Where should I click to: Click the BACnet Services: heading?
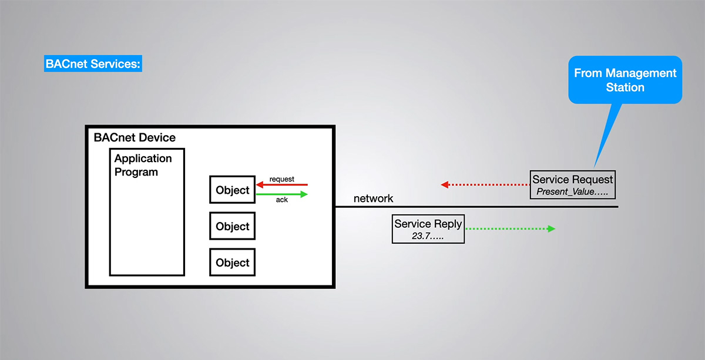(x=93, y=64)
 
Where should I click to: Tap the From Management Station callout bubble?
(x=625, y=80)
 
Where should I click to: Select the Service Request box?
(x=572, y=184)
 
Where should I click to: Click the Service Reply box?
(x=428, y=229)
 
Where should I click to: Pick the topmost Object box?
(x=232, y=190)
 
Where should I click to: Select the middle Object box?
(x=232, y=226)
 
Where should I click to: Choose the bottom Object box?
(x=232, y=263)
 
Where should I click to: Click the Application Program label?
(x=143, y=165)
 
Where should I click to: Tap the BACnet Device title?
(x=135, y=138)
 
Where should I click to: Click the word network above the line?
(x=373, y=198)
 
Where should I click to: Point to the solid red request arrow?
(x=282, y=185)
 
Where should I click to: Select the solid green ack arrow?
(x=282, y=194)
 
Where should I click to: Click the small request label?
(x=282, y=179)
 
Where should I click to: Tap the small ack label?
(x=282, y=200)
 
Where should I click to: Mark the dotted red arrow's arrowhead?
(x=445, y=184)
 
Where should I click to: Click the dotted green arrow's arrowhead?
(x=552, y=228)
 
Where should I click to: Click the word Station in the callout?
(x=625, y=88)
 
